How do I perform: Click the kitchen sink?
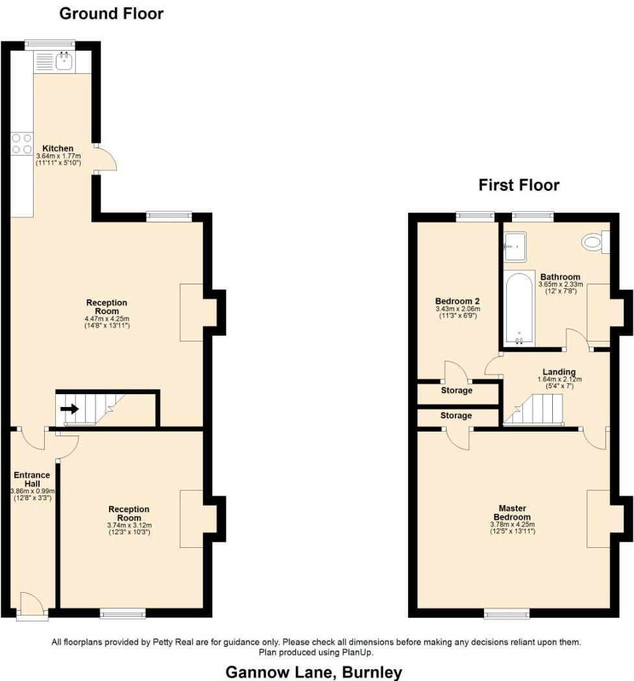click(x=64, y=62)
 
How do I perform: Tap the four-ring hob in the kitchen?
click(x=22, y=143)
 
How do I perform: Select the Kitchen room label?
click(x=58, y=148)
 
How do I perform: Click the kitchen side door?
click(x=106, y=158)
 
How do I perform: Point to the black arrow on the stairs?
click(x=69, y=409)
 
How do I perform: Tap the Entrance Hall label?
click(x=32, y=480)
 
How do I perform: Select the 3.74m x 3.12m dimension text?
click(x=129, y=525)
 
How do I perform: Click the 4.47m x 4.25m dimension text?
click(x=107, y=318)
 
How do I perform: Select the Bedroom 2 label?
click(x=457, y=301)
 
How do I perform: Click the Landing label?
click(x=559, y=372)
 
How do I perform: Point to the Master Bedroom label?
click(x=511, y=512)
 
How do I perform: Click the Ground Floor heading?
click(x=112, y=13)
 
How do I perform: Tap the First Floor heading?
click(x=518, y=185)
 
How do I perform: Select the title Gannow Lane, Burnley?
click(x=313, y=672)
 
